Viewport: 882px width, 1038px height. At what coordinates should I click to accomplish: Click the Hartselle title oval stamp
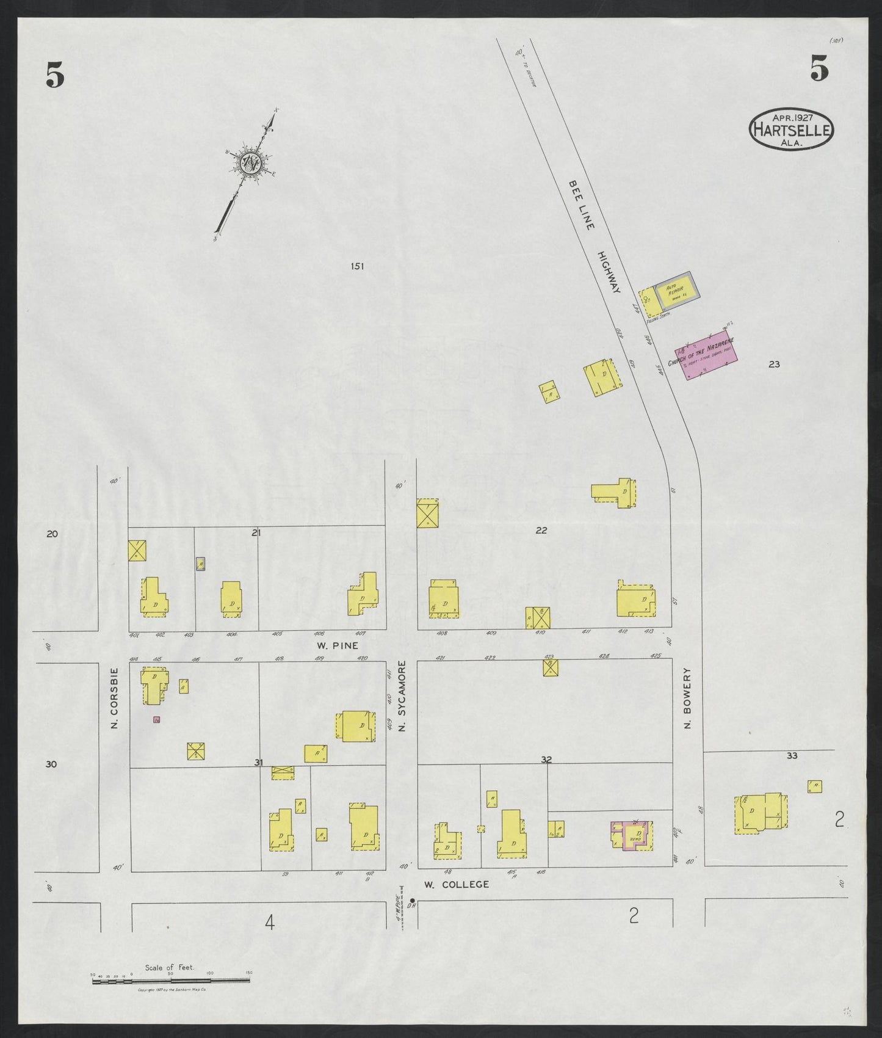(791, 129)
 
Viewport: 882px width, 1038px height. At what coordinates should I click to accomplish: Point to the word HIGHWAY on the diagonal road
(609, 272)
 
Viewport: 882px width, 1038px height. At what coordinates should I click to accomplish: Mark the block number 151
(357, 266)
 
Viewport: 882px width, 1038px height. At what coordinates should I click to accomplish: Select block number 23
(774, 365)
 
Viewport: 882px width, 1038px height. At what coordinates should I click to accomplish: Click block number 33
(792, 755)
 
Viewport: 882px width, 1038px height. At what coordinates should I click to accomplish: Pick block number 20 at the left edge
(52, 534)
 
